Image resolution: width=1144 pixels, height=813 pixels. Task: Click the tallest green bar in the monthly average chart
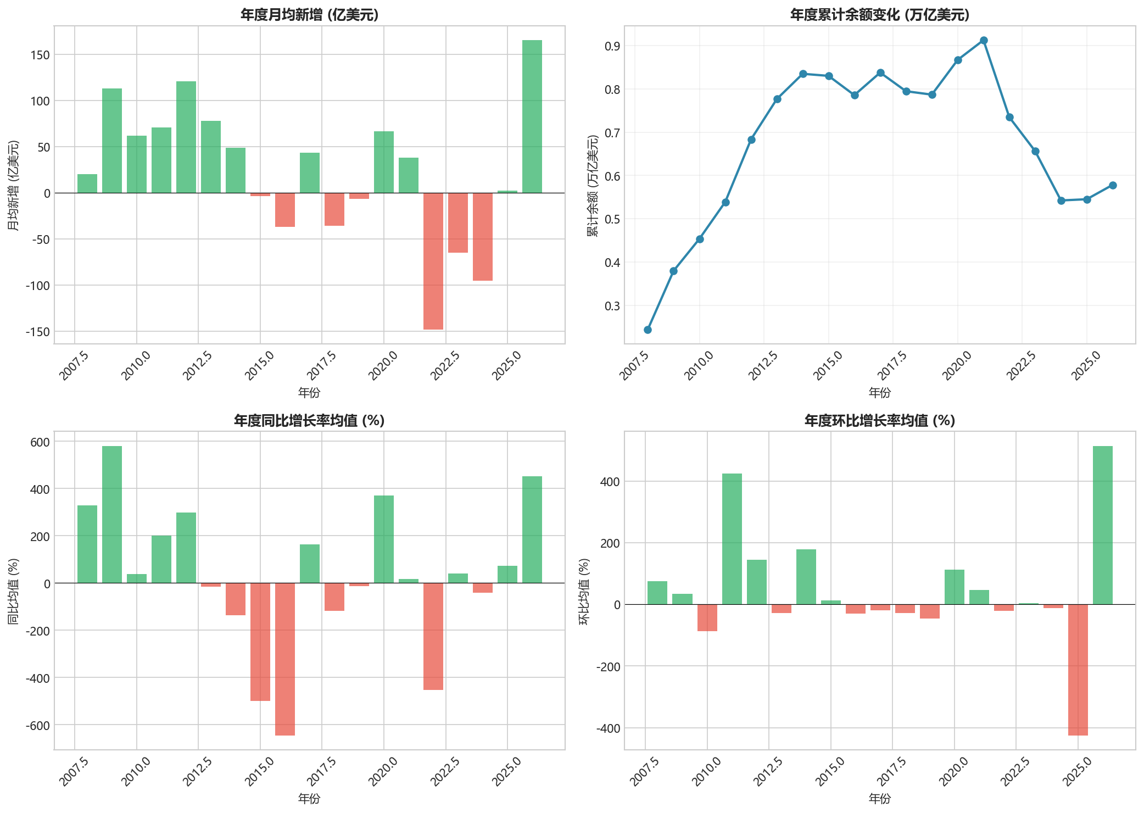(x=532, y=116)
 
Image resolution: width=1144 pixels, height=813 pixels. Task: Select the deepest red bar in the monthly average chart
(x=433, y=261)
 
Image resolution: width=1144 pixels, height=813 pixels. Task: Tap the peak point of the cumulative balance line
(x=984, y=41)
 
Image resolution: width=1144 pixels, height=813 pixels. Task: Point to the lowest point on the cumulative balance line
(x=648, y=330)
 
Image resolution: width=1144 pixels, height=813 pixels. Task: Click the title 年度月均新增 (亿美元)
(x=309, y=15)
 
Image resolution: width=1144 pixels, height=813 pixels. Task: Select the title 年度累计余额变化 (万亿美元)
(x=879, y=15)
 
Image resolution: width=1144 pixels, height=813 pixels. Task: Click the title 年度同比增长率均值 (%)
(x=309, y=421)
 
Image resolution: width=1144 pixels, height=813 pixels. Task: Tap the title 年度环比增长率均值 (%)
(x=879, y=421)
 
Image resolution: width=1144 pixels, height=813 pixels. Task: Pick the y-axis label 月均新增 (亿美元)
(x=14, y=185)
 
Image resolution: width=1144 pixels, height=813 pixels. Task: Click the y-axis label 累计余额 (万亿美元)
(x=593, y=185)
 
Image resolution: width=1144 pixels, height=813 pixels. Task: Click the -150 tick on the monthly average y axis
(x=37, y=332)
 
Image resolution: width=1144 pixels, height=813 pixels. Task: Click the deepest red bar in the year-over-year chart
(x=284, y=659)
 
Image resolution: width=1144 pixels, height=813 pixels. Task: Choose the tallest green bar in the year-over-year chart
(x=112, y=514)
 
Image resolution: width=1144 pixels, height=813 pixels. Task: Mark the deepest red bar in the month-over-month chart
(x=1078, y=670)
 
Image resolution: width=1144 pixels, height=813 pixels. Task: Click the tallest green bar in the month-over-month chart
(x=1102, y=525)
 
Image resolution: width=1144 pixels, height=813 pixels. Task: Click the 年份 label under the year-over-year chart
(x=309, y=798)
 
